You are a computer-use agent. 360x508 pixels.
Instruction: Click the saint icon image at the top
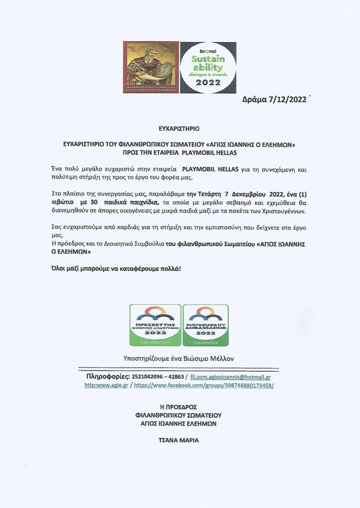(150, 67)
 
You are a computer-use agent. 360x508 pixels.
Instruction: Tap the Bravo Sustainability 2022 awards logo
(208, 67)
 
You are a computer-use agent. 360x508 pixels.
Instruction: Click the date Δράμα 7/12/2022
(275, 99)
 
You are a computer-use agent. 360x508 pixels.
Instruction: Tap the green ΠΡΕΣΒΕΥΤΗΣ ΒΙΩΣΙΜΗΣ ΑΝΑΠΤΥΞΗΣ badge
(155, 325)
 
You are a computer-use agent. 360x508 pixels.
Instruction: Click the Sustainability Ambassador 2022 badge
(206, 325)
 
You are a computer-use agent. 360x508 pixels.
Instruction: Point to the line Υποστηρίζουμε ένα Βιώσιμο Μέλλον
(178, 358)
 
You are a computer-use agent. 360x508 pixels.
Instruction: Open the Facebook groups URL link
(204, 385)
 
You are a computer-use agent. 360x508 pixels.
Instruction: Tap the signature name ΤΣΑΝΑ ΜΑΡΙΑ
(178, 440)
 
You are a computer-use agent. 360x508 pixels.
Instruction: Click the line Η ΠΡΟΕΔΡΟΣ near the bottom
(178, 407)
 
